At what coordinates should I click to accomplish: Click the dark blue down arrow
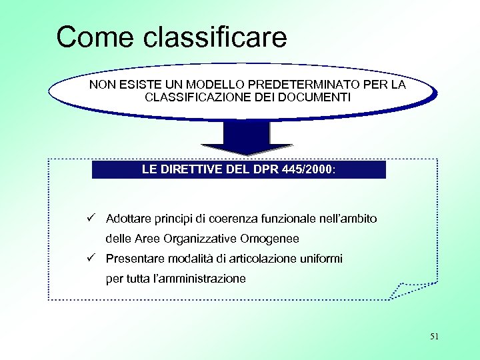(246, 138)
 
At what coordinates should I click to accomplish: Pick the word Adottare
(128, 219)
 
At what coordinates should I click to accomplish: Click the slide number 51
(434, 337)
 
